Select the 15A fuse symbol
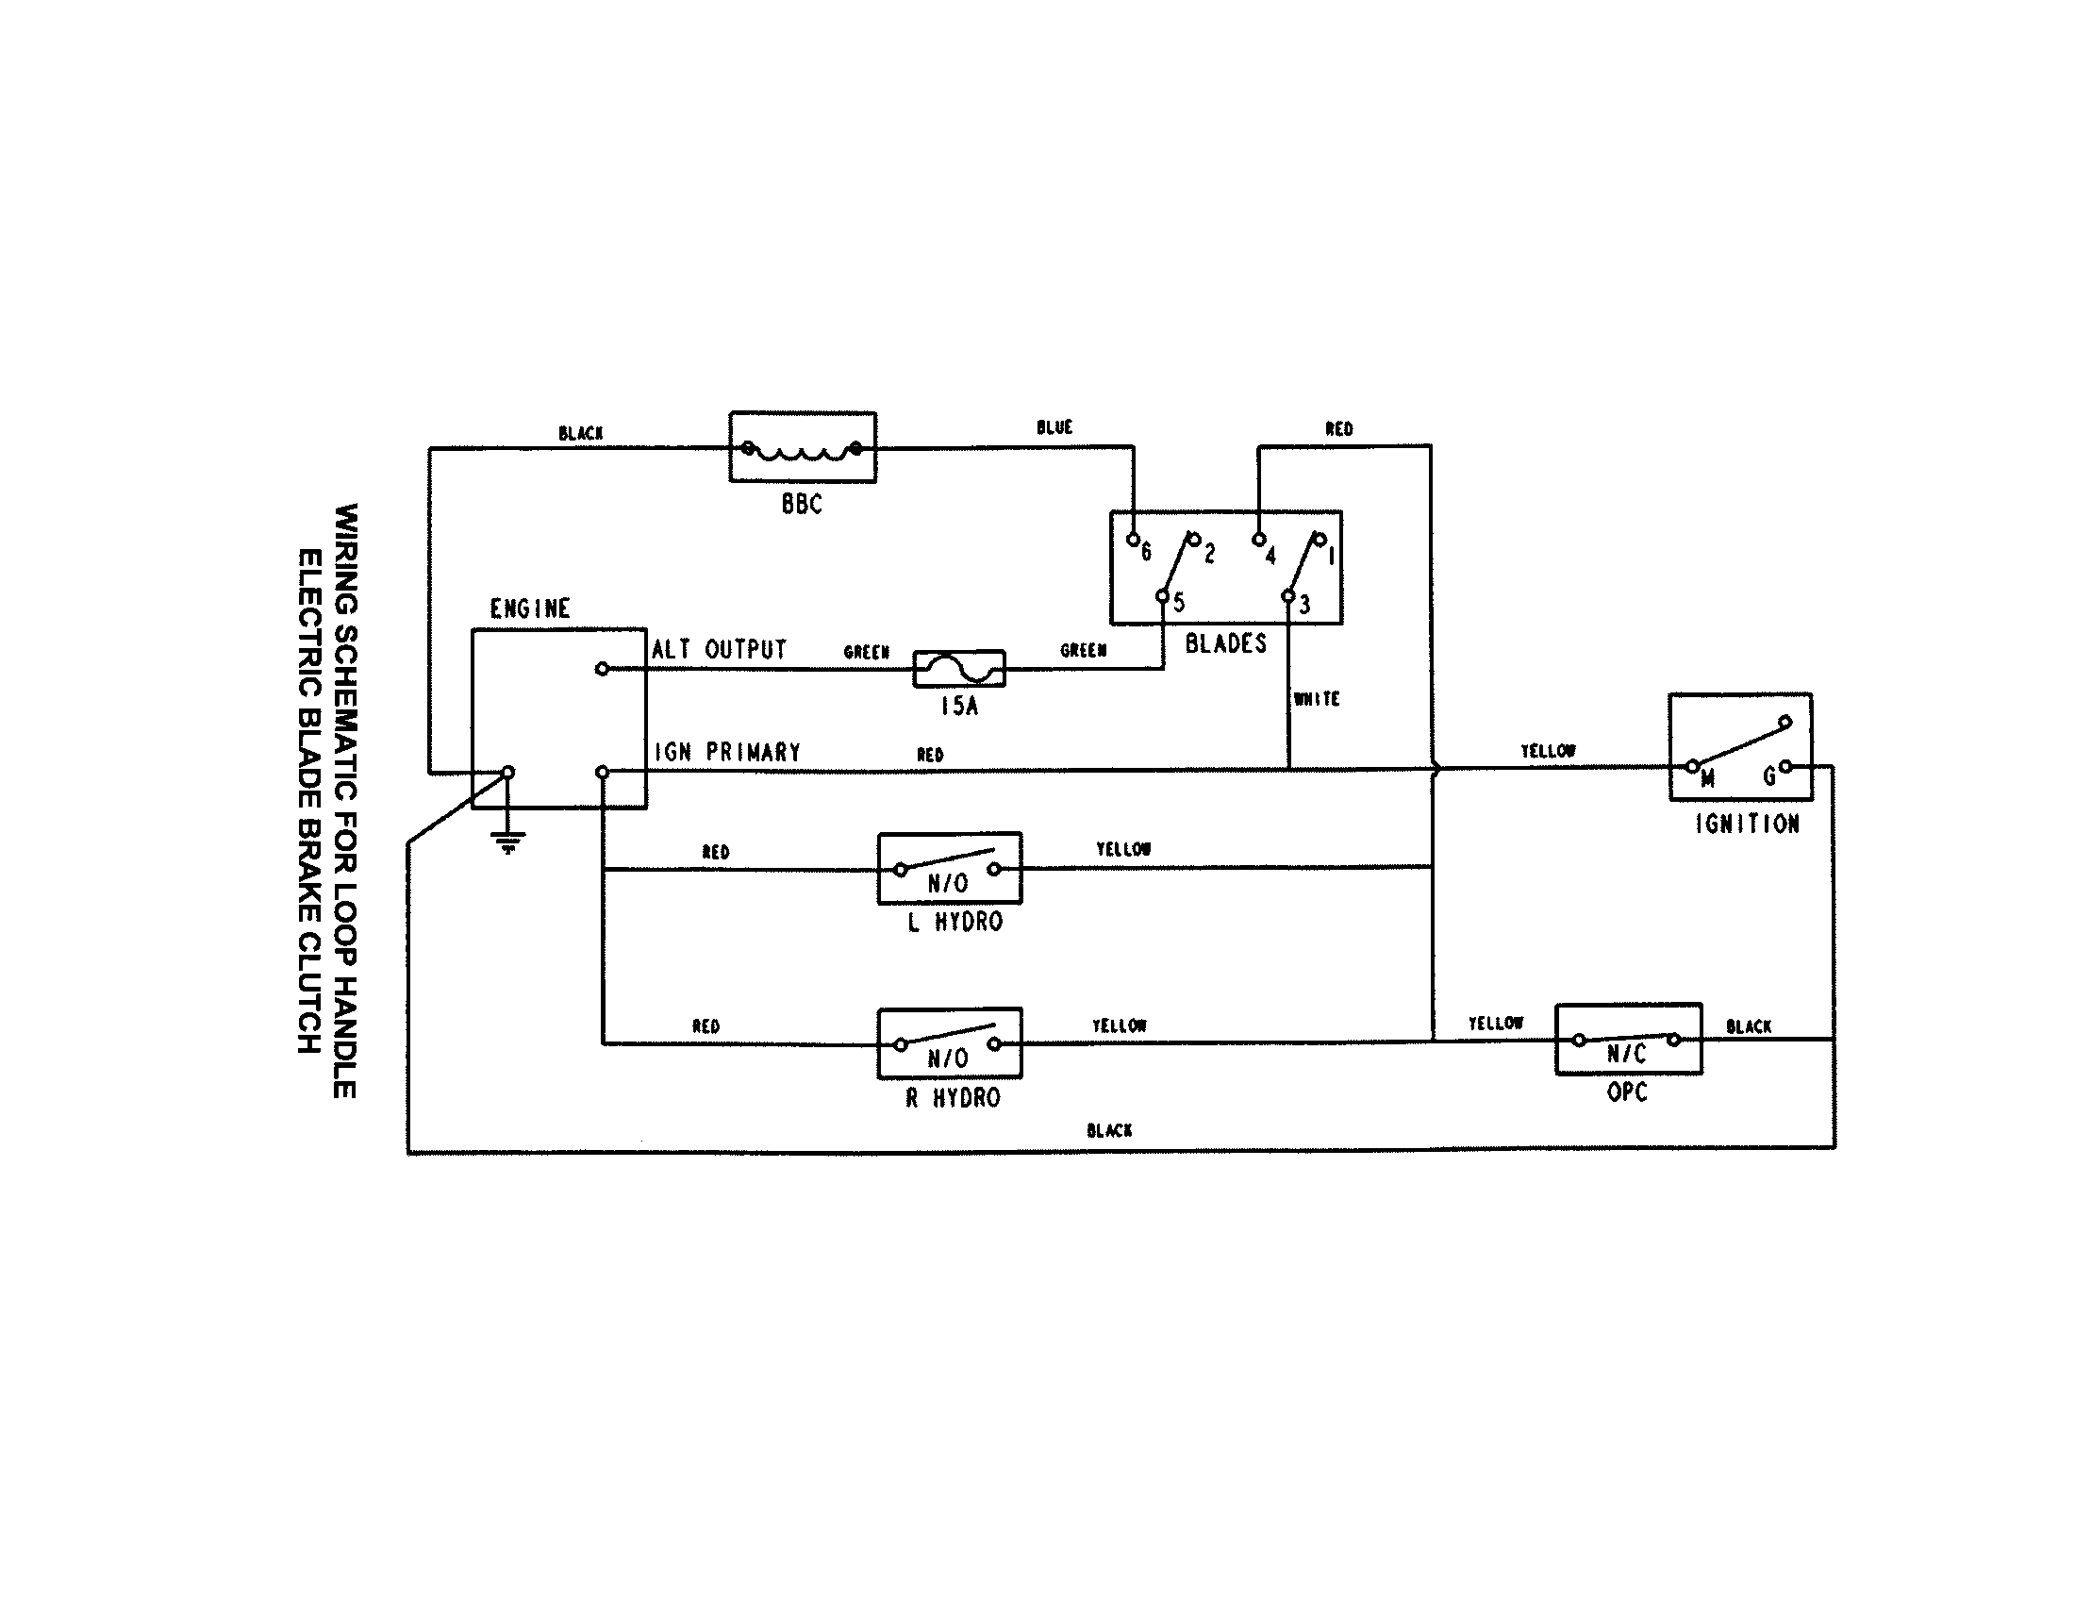click(x=958, y=670)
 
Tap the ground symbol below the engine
click(x=508, y=841)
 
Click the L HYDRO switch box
click(x=949, y=869)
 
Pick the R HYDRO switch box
click(x=949, y=1043)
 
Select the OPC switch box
click(x=1628, y=1040)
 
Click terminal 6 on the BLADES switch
click(x=1133, y=540)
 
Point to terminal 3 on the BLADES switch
click(x=1288, y=596)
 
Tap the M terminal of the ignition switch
click(x=1692, y=766)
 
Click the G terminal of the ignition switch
click(x=1785, y=766)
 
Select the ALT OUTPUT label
click(x=720, y=650)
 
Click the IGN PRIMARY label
click(x=728, y=753)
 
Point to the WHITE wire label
click(x=1316, y=699)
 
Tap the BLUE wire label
click(x=1054, y=427)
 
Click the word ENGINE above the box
click(x=529, y=609)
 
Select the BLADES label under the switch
click(x=1225, y=644)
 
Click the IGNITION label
click(x=1746, y=825)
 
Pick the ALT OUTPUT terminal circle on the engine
click(x=602, y=669)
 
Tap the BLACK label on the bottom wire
click(x=1109, y=1130)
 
